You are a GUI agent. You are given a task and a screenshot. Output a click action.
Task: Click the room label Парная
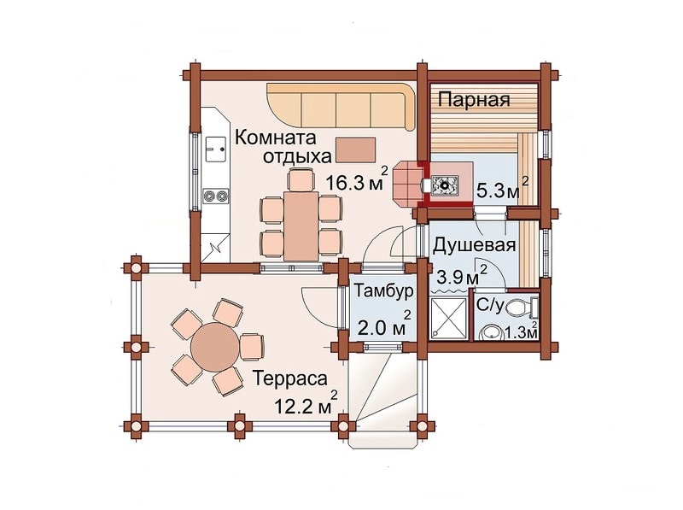click(474, 100)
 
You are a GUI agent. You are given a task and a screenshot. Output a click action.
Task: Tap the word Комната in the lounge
click(275, 138)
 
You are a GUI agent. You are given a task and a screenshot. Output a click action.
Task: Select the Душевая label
click(475, 245)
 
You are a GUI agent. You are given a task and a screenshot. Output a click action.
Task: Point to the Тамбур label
click(382, 290)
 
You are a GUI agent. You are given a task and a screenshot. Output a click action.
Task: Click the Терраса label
click(289, 378)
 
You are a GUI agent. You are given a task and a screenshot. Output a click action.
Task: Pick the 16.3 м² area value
click(356, 180)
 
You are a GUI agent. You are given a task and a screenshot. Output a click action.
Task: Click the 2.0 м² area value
click(384, 325)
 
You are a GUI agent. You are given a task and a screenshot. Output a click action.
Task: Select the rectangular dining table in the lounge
click(301, 225)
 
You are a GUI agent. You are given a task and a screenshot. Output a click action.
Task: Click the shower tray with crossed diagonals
click(448, 318)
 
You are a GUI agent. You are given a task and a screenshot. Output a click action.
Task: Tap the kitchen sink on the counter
click(216, 149)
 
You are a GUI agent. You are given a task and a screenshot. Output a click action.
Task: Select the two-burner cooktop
click(216, 196)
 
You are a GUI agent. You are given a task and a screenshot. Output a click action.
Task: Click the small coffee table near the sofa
click(355, 149)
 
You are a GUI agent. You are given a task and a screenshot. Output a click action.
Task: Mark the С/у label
click(489, 304)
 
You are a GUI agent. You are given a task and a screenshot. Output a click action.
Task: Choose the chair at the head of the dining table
click(301, 180)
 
